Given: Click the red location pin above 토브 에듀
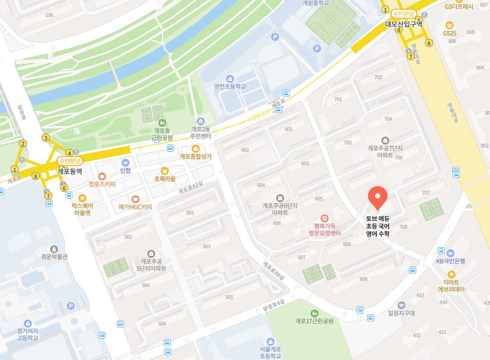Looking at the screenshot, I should pos(378,198).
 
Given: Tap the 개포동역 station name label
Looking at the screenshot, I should pos(70,171).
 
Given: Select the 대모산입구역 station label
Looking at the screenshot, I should pos(404,23).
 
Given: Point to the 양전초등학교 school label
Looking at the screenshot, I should pos(230,86).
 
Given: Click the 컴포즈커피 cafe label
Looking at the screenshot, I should pos(102,184).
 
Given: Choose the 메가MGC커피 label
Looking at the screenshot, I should pos(135,207).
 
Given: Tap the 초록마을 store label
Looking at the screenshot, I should pos(164,179).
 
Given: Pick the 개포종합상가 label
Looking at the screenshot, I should pos(196,156).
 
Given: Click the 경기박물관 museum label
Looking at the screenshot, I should pos(54,256).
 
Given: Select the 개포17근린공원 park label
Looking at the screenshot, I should pos(315,321).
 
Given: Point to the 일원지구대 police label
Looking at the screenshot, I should pos(401,312).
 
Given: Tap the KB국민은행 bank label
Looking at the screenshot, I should pos(451,261).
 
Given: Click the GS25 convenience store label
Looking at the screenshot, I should pos(450,33).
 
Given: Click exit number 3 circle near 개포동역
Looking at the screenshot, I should pos(46,138).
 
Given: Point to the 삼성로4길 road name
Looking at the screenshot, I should pos(274,304).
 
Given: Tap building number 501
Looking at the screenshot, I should pos(190,213).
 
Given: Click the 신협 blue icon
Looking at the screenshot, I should pos(125,163).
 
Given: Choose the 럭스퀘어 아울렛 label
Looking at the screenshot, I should pos(82,209).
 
